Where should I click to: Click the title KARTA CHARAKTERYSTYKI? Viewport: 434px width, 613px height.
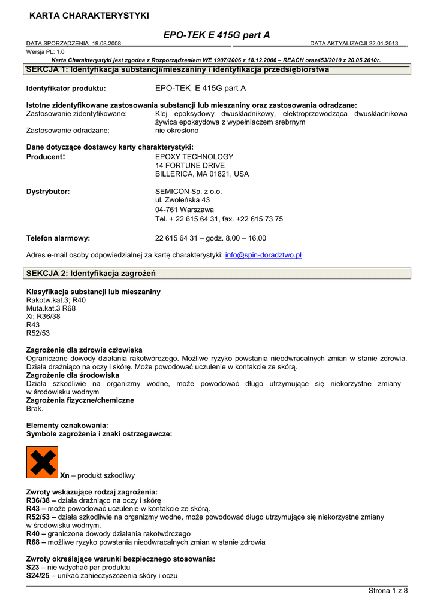(89, 15)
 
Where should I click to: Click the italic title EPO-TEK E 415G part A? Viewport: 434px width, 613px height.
(216, 35)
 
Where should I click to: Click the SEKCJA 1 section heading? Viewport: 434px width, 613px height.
(177, 69)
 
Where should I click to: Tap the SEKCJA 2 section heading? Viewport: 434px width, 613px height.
(91, 274)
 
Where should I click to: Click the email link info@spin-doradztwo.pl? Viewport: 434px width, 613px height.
(263, 255)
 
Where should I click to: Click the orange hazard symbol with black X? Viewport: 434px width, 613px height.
(42, 462)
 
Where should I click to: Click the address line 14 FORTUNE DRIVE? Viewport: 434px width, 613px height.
(190, 165)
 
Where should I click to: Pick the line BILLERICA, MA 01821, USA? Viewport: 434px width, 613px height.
(202, 174)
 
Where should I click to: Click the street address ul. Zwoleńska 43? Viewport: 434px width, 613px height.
(182, 200)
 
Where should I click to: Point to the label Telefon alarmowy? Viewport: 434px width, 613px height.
(58, 238)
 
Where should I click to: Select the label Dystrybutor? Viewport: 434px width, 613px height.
(48, 192)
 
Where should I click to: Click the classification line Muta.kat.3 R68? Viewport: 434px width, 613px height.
(51, 308)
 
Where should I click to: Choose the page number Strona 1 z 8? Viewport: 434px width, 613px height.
(388, 591)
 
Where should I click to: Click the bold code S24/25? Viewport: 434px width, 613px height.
(38, 576)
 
